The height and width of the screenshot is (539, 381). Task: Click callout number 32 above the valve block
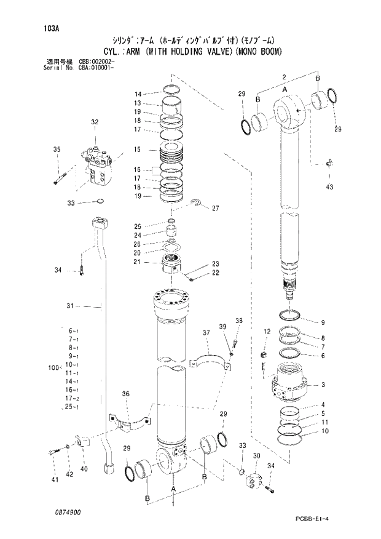(x=94, y=122)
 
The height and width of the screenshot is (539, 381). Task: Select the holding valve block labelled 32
(x=98, y=165)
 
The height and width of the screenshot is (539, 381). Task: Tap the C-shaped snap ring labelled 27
(x=197, y=206)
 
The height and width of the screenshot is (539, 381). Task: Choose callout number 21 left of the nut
(x=138, y=262)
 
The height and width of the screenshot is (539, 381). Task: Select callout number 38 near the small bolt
(x=239, y=321)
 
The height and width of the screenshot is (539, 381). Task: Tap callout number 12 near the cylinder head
(x=266, y=332)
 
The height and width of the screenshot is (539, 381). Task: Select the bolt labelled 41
(x=53, y=453)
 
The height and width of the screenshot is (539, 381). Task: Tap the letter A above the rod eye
(x=285, y=89)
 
